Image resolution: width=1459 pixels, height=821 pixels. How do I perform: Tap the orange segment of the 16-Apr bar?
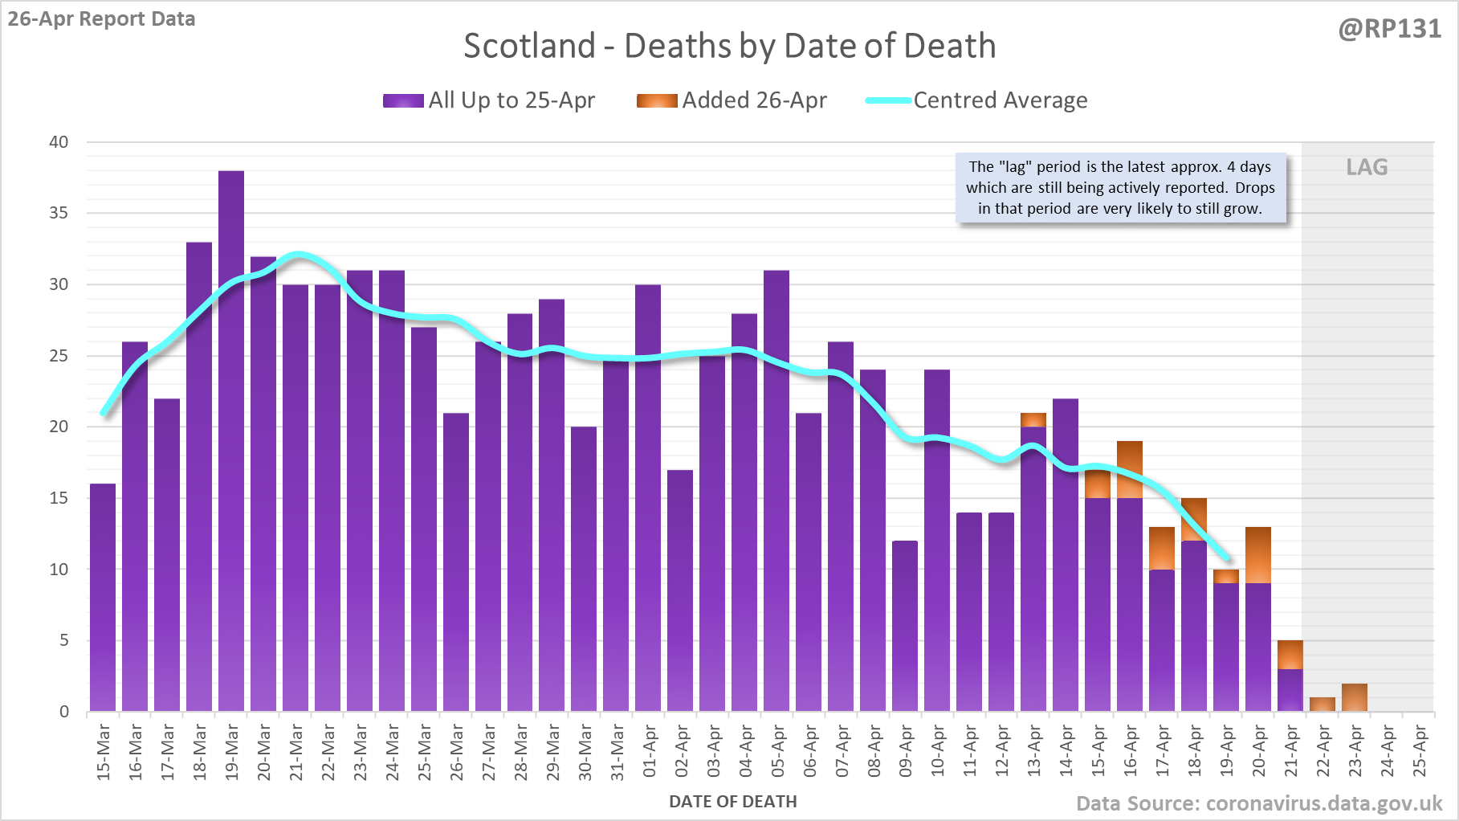coord(1130,469)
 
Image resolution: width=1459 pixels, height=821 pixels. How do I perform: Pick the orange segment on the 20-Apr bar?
coord(1258,554)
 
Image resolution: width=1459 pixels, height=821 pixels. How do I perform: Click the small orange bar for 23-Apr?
coord(1355,697)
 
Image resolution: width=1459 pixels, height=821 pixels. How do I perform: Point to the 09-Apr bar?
coord(905,626)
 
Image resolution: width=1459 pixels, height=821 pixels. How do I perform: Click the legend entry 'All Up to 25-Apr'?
coord(489,100)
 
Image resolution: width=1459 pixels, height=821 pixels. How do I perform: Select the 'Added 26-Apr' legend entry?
coord(732,100)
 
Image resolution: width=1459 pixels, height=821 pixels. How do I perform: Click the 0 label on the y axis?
coord(64,712)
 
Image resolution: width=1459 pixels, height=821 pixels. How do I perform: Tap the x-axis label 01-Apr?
coord(649,751)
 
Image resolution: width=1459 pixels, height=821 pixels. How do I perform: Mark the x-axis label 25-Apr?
coord(1420,751)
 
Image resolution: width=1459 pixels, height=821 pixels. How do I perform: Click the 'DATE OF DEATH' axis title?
coord(733,802)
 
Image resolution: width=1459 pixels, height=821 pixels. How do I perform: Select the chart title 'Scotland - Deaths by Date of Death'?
coord(729,46)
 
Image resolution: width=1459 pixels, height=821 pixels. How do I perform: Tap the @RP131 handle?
coord(1390,29)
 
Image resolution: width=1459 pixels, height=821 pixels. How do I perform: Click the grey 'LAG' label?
coord(1367,167)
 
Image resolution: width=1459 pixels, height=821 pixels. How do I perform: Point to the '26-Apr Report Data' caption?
coord(102,19)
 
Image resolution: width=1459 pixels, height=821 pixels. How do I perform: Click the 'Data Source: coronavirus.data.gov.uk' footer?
coord(1259,803)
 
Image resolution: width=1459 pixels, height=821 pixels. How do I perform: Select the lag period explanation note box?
coord(1120,188)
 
